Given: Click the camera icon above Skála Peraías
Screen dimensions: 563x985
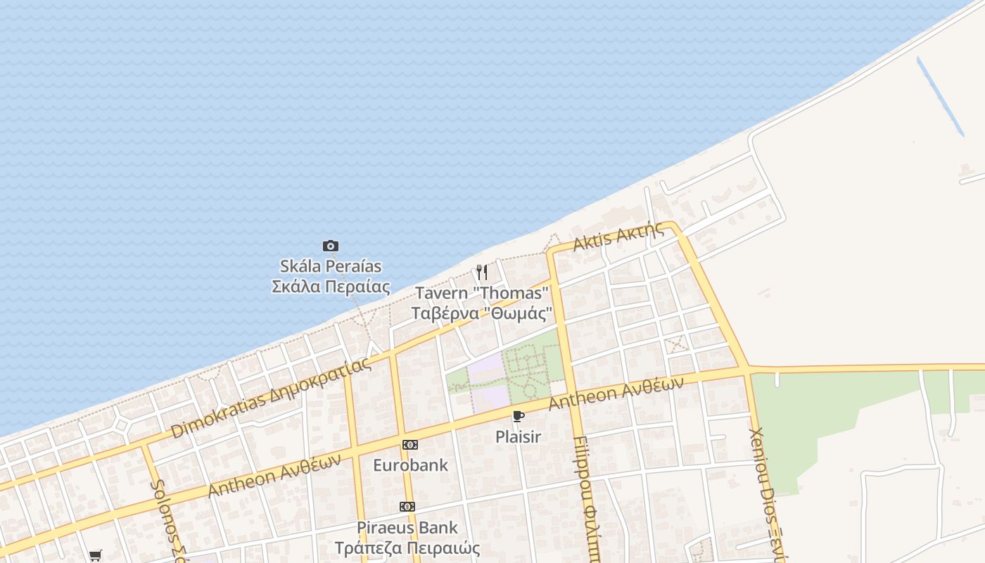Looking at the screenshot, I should tap(331, 246).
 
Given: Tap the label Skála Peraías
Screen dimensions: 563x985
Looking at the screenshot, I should tap(331, 266).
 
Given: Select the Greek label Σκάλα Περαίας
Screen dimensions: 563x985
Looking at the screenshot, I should tap(331, 286).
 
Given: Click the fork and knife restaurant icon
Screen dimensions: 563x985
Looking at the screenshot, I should tap(482, 272).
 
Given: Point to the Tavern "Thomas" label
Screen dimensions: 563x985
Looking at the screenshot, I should tap(482, 293).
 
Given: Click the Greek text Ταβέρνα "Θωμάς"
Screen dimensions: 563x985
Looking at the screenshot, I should tap(482, 313).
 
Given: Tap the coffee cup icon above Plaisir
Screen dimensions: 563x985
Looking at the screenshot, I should tap(519, 416).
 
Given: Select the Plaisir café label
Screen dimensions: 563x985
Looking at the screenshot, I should tap(519, 436).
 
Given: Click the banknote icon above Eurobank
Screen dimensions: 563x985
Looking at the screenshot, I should tap(409, 445).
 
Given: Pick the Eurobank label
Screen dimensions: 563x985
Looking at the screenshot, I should tap(410, 465).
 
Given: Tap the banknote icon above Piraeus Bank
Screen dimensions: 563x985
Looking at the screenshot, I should tap(407, 507).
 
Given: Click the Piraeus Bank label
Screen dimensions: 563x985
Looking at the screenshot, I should tap(407, 527).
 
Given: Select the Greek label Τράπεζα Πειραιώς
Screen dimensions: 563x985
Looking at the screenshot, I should tap(407, 548).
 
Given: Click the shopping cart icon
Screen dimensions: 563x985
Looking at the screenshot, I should tap(96, 555).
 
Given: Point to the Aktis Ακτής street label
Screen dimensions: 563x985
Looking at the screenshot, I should tap(618, 236).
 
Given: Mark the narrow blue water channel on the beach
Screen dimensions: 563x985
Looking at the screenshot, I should tap(940, 96).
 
